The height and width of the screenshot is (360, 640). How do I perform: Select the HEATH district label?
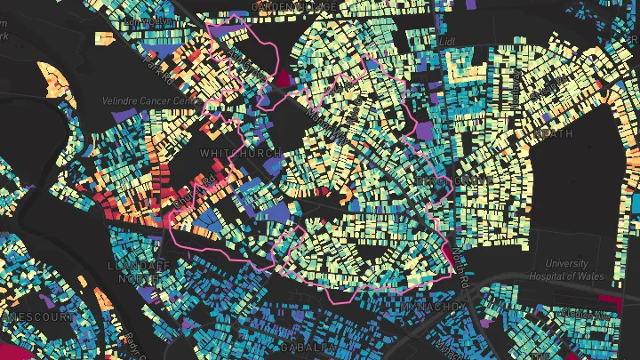click(552, 133)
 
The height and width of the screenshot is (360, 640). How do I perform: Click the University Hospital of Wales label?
click(554, 270)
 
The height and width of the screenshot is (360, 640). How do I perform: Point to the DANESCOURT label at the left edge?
click(27, 316)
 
